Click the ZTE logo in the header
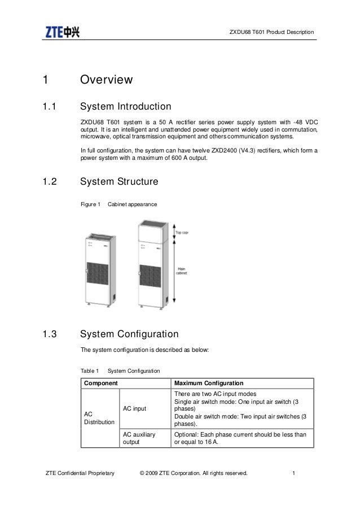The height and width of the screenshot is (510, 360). [x=63, y=32]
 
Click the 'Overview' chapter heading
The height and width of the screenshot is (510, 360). [x=107, y=80]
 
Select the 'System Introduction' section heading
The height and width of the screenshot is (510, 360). [x=126, y=107]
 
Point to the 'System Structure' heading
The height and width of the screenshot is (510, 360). [x=119, y=182]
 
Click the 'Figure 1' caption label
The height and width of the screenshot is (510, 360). [x=90, y=203]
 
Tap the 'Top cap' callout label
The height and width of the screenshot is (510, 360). [x=182, y=232]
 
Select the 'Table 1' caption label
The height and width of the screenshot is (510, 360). [x=90, y=370]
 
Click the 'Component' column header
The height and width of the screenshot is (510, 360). [x=101, y=383]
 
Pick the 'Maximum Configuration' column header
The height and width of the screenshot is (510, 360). [x=209, y=383]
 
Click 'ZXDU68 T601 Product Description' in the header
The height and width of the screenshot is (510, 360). [x=271, y=31]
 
